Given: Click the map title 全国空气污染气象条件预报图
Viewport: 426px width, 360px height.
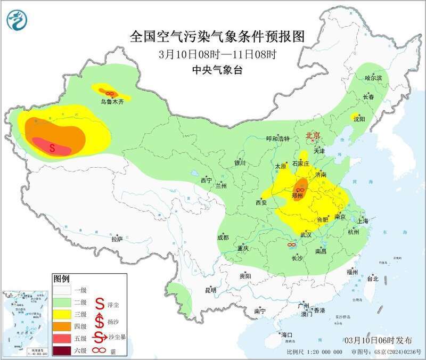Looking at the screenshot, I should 218,37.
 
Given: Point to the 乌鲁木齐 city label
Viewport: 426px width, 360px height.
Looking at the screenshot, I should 112,102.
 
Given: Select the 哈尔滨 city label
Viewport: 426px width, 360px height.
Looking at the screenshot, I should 373,78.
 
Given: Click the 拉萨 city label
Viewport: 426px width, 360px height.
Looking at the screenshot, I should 117,239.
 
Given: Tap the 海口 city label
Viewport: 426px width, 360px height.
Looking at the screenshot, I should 287,334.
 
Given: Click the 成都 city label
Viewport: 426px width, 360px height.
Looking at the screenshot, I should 223,238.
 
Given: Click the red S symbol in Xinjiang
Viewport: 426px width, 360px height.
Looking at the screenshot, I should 52,148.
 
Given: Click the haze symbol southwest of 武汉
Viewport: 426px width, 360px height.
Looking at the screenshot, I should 291,244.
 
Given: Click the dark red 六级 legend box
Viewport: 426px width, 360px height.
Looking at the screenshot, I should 63,350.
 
